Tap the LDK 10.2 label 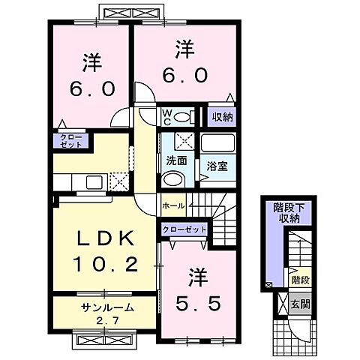(x=105, y=252)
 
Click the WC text (x=168, y=116)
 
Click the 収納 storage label (x=222, y=116)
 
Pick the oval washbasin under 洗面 (x=172, y=179)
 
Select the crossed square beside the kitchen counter (x=118, y=181)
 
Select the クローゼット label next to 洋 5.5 (x=183, y=230)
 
